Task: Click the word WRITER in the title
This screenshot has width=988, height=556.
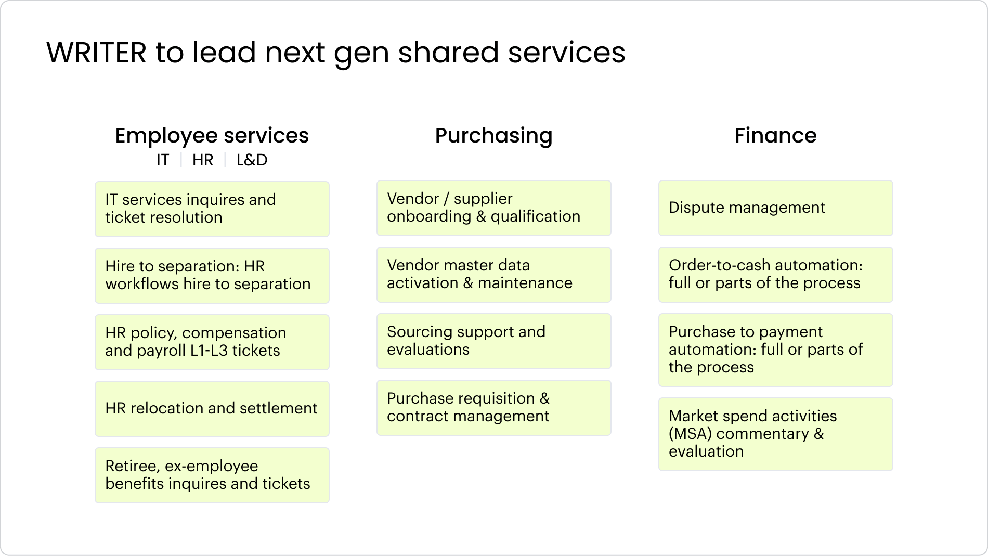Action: (x=97, y=53)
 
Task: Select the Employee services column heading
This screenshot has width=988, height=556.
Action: (x=212, y=135)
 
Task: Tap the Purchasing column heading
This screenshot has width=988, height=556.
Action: (x=494, y=136)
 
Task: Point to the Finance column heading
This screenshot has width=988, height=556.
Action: (x=776, y=135)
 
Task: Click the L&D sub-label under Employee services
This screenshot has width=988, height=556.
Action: (x=252, y=160)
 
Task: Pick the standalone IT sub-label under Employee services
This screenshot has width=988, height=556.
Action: (x=163, y=160)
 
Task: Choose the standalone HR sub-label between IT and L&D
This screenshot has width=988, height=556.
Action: (x=203, y=160)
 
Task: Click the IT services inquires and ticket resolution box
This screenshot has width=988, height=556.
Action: (x=212, y=209)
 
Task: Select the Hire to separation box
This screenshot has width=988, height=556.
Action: (x=212, y=276)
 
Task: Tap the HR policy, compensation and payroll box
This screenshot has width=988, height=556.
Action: (x=212, y=342)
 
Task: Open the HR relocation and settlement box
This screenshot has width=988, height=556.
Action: (x=212, y=409)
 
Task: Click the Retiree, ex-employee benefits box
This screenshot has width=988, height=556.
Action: (x=212, y=475)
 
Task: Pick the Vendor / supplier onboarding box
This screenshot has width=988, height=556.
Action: (x=494, y=208)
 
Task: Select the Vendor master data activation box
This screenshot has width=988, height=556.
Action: (x=494, y=275)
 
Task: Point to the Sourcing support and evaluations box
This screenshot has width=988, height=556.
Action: (x=494, y=341)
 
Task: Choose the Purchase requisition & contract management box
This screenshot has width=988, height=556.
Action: (x=494, y=408)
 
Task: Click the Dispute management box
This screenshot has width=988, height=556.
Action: (x=776, y=208)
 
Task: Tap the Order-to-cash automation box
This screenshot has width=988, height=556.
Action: (x=776, y=275)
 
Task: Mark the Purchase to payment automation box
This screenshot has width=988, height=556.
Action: (x=776, y=350)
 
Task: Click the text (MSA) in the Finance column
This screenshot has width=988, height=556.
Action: (x=690, y=434)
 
